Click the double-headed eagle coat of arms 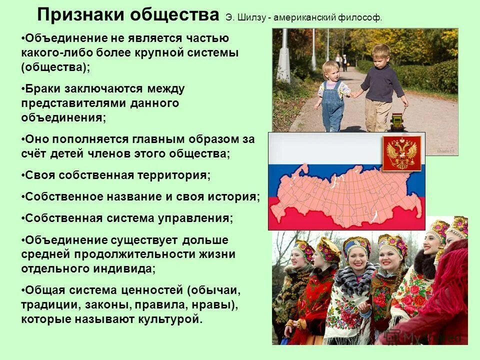coord(401,152)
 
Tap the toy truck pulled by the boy coord(397,120)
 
